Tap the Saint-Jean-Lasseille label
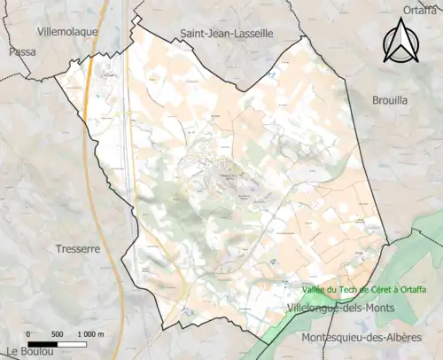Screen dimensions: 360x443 tap(227, 33)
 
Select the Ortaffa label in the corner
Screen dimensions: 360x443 tap(419, 10)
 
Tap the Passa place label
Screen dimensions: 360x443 tap(17, 51)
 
